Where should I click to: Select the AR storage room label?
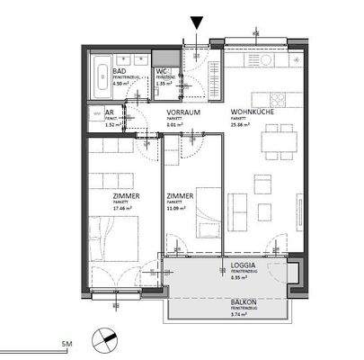click(x=110, y=113)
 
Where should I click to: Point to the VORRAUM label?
click(x=183, y=112)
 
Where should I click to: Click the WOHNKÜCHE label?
click(x=245, y=112)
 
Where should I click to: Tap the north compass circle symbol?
click(x=110, y=337)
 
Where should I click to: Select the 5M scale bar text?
click(x=66, y=345)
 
